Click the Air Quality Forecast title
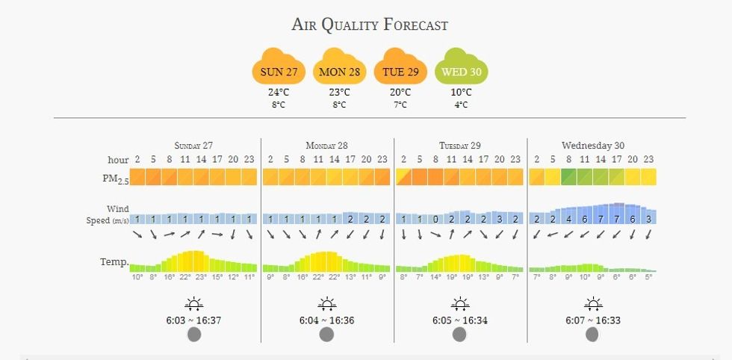[370, 25]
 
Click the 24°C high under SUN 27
[279, 93]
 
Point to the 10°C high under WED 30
[461, 93]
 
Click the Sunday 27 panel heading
[193, 146]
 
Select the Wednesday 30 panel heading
[593, 146]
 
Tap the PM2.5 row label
[116, 179]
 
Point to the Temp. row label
[114, 262]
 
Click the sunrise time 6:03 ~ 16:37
[193, 320]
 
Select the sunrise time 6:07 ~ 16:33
[593, 320]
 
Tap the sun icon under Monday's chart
[326, 304]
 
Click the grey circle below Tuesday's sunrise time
[459, 335]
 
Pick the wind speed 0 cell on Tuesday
[435, 219]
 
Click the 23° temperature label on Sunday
[201, 277]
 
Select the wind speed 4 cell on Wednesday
[568, 219]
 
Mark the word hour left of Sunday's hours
[118, 160]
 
